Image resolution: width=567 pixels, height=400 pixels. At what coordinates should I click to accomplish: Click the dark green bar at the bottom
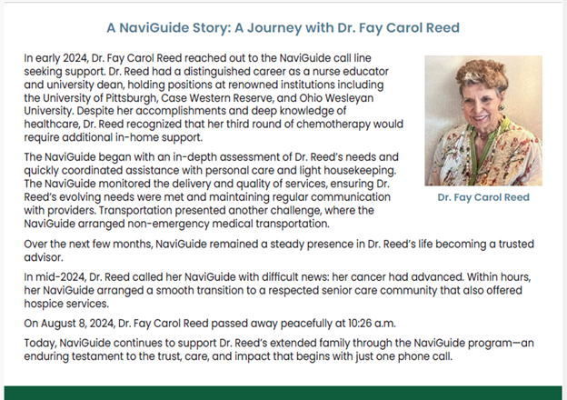pyautogui.click(x=283, y=392)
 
